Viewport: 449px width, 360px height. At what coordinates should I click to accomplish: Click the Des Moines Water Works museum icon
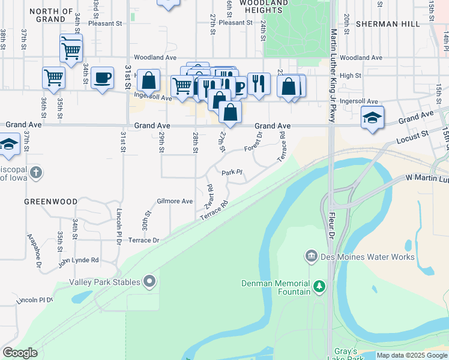tap(311, 257)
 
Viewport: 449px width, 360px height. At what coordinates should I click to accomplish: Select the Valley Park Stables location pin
tap(149, 281)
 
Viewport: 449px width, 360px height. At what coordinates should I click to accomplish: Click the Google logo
tap(20, 353)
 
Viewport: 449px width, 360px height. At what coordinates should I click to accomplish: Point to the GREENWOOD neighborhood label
tap(50, 202)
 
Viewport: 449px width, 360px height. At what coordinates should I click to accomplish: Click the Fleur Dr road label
tap(331, 224)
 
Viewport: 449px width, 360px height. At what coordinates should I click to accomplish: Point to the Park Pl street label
tap(232, 173)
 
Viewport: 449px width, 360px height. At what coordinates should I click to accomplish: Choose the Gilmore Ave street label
tap(175, 201)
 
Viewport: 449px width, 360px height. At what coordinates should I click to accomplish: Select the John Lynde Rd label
tap(78, 261)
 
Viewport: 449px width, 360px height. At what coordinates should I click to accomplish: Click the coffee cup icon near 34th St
tap(102, 78)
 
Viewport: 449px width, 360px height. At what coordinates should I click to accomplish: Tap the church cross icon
tap(36, 173)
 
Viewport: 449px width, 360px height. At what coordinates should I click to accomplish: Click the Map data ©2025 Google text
tap(412, 355)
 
